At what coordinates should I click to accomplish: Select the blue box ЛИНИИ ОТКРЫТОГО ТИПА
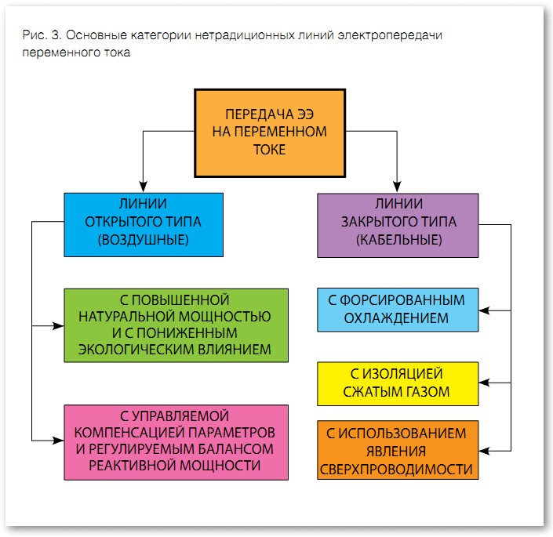pos(143,223)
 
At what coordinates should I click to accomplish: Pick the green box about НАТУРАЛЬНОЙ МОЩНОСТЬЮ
pos(175,325)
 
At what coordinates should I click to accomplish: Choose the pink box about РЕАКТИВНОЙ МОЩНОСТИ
pos(175,441)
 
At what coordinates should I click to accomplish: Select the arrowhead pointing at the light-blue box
pos(485,310)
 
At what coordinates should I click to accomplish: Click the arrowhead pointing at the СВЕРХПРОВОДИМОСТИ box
pos(485,451)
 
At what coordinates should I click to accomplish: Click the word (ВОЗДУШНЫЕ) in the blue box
pos(143,239)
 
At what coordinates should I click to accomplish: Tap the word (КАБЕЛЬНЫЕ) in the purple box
pos(398,239)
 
